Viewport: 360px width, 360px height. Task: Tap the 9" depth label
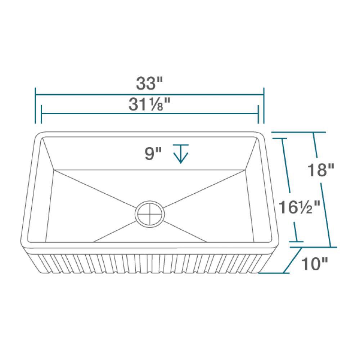(153, 154)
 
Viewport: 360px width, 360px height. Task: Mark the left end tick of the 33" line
(35, 104)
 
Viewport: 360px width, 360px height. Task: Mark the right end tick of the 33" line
(264, 104)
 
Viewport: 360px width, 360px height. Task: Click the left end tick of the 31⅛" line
(42, 114)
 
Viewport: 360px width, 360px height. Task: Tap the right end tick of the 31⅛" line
(258, 114)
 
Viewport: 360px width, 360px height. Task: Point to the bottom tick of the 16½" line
(297, 242)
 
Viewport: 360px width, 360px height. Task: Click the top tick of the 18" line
(314, 132)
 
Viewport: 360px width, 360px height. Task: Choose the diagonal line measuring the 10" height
(292, 260)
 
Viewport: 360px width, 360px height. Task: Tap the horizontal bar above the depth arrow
(180, 145)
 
